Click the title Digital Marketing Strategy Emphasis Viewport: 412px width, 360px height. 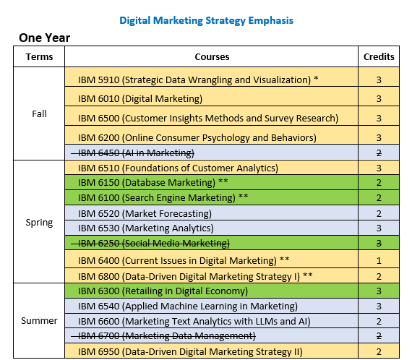click(206, 20)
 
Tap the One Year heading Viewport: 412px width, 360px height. click(44, 38)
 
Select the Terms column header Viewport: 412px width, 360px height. click(39, 56)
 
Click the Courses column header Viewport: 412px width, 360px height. click(212, 56)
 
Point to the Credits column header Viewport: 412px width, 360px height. click(379, 56)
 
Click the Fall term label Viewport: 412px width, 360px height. click(39, 114)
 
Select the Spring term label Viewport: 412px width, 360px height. click(39, 222)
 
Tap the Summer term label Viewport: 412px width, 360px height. click(39, 320)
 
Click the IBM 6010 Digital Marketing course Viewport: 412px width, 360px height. click(140, 98)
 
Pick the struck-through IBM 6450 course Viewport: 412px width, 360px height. click(136, 153)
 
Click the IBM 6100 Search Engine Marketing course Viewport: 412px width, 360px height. click(163, 197)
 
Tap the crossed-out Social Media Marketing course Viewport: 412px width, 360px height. click(154, 242)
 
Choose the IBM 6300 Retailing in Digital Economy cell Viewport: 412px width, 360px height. click(163, 291)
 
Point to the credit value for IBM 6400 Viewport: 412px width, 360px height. click(379, 260)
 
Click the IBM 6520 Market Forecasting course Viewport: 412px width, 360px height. click(145, 213)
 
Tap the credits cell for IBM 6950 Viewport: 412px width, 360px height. click(379, 351)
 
